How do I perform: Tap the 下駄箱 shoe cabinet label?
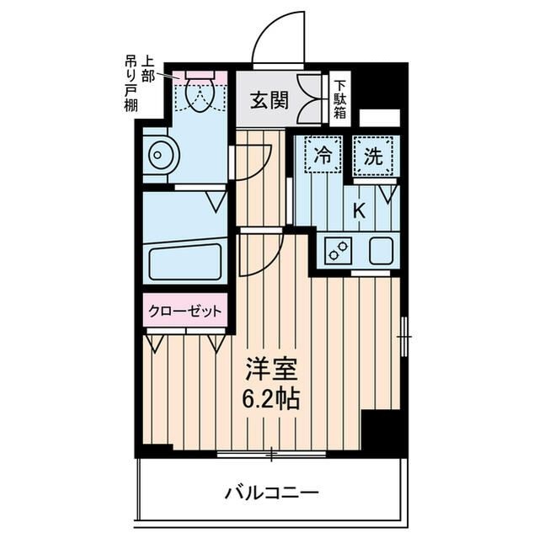(x=339, y=99)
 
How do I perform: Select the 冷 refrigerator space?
(x=323, y=155)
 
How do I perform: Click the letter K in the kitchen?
(x=358, y=211)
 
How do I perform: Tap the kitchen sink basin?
(x=380, y=250)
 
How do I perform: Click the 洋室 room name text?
(x=271, y=368)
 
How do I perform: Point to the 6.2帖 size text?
(x=271, y=398)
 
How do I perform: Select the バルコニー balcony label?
(x=271, y=493)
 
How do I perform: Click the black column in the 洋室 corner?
(x=383, y=432)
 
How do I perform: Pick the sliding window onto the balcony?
(x=271, y=455)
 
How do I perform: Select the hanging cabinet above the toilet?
(x=200, y=75)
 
